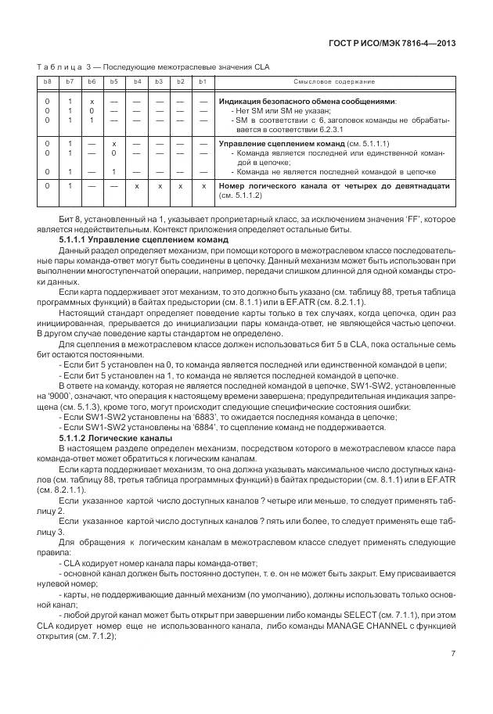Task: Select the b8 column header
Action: [48, 82]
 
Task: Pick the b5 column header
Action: [113, 82]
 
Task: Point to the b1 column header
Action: [203, 82]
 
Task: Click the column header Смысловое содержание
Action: [334, 82]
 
